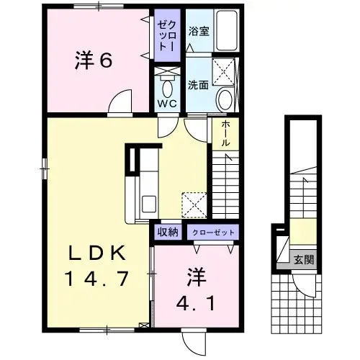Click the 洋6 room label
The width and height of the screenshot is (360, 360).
click(x=94, y=60)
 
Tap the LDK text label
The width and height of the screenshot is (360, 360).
click(x=97, y=253)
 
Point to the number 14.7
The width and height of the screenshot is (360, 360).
click(x=97, y=279)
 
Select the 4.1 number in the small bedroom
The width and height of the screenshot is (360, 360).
click(x=195, y=302)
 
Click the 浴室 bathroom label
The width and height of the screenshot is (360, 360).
click(x=199, y=31)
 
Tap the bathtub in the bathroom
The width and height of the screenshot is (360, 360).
click(x=226, y=30)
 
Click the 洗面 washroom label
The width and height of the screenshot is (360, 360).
click(x=198, y=85)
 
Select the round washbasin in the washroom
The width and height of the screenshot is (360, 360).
click(x=225, y=99)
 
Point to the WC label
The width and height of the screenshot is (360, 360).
click(x=167, y=104)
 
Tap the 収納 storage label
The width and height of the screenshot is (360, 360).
click(x=168, y=232)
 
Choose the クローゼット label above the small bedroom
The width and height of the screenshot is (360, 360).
click(x=213, y=233)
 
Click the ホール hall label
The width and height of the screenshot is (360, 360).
click(x=225, y=133)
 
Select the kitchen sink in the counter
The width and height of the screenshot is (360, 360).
click(x=149, y=204)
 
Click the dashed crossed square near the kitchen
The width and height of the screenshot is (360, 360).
click(x=194, y=205)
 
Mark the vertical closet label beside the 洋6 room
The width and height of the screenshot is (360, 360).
click(x=167, y=35)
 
